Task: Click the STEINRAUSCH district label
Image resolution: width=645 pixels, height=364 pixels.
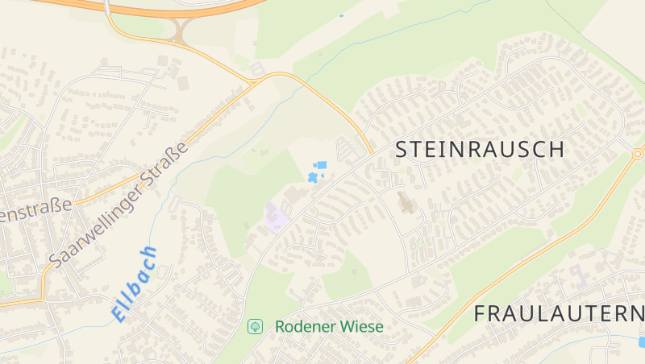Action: (x=479, y=149)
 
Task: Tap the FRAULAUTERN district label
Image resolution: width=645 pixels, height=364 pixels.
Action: (x=558, y=313)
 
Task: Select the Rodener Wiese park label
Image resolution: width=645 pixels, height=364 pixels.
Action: (x=329, y=326)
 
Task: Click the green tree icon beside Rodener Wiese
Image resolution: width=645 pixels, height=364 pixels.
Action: (x=255, y=326)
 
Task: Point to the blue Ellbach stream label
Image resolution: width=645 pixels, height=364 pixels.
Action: (x=134, y=283)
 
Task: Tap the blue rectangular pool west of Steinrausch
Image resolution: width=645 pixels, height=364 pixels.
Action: (x=322, y=165)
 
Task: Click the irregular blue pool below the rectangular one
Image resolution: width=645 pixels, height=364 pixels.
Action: (x=311, y=176)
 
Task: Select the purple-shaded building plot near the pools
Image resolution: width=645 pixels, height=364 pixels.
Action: (x=274, y=216)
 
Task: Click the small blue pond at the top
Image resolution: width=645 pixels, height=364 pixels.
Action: (x=341, y=15)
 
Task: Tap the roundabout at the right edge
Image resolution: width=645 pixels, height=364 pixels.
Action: (x=639, y=153)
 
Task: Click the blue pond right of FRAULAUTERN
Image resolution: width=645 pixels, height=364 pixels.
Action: (x=642, y=341)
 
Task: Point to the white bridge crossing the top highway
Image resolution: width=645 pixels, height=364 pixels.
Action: (x=106, y=8)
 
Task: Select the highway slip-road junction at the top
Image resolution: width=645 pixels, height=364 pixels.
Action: (x=179, y=31)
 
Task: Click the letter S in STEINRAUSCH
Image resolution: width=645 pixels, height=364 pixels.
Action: (x=402, y=149)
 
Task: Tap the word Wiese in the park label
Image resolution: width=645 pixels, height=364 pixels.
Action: (x=362, y=326)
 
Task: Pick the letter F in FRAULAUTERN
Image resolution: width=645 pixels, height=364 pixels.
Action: (x=480, y=313)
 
